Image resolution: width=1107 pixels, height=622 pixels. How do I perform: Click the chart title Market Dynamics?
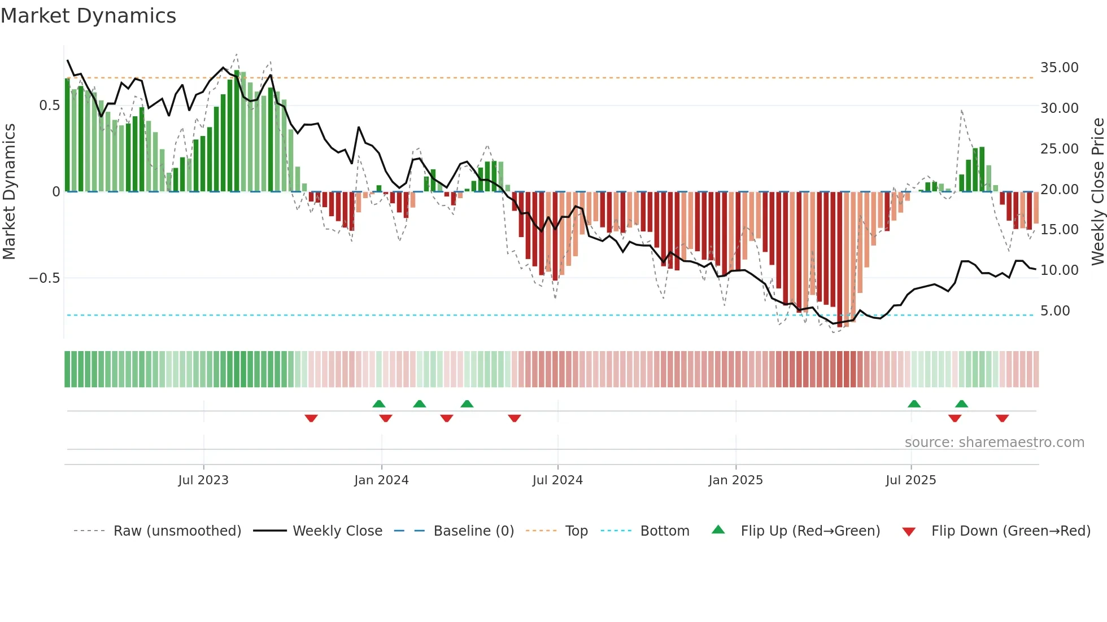click(x=88, y=16)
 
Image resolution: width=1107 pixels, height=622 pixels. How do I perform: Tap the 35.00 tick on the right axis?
click(x=1059, y=68)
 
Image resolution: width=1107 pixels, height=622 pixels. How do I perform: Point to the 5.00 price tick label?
click(x=1055, y=311)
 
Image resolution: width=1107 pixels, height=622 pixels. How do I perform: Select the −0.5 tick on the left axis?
click(x=44, y=278)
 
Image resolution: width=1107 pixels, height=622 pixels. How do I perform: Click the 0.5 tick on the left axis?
click(x=49, y=106)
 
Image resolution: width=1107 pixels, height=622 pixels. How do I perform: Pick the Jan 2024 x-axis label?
click(x=381, y=480)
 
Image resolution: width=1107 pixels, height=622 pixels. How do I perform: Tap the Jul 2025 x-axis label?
click(x=910, y=480)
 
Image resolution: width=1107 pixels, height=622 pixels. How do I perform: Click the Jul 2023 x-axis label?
click(x=203, y=480)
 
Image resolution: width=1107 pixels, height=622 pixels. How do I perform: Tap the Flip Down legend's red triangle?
click(x=909, y=532)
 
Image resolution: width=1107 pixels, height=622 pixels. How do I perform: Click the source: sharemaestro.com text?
click(x=994, y=443)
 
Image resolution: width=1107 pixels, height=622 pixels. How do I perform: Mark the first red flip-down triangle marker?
click(x=311, y=418)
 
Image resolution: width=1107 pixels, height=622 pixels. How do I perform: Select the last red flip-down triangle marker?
click(x=1003, y=418)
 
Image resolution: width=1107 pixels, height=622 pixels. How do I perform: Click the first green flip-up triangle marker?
click(x=379, y=404)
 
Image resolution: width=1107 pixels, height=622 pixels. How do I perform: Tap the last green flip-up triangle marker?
click(x=961, y=404)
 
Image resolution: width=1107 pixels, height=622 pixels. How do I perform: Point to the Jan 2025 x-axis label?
click(x=735, y=480)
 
